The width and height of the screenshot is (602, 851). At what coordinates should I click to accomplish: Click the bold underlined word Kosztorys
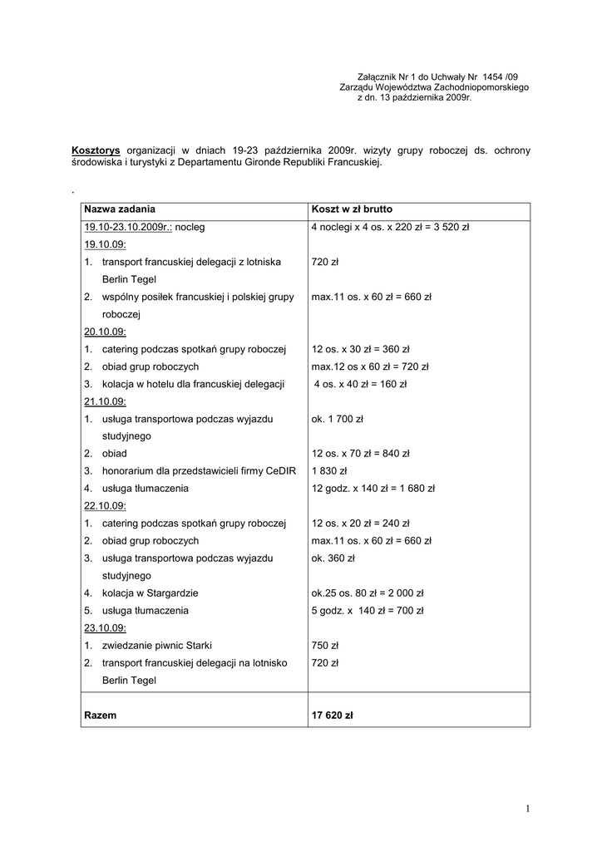(96, 150)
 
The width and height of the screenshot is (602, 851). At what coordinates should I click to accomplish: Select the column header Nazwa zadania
(120, 209)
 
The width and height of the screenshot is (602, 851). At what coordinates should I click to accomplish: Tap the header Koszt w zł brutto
(352, 209)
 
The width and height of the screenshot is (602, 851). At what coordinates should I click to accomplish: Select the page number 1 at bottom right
(527, 809)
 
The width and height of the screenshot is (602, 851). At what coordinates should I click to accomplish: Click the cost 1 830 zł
(329, 470)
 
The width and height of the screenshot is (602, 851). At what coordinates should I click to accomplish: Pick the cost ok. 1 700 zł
(337, 419)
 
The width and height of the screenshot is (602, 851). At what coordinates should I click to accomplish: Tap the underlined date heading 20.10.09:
(105, 331)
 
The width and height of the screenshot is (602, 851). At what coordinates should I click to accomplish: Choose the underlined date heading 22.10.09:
(105, 505)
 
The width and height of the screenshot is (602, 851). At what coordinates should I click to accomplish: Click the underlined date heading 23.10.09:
(105, 627)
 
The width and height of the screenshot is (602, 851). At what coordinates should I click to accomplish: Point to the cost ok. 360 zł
(333, 558)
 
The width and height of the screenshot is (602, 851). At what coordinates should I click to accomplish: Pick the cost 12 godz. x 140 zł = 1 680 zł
(373, 488)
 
